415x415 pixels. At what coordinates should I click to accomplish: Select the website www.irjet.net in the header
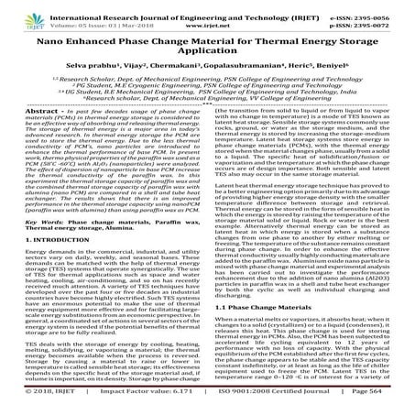[x=207, y=17]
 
